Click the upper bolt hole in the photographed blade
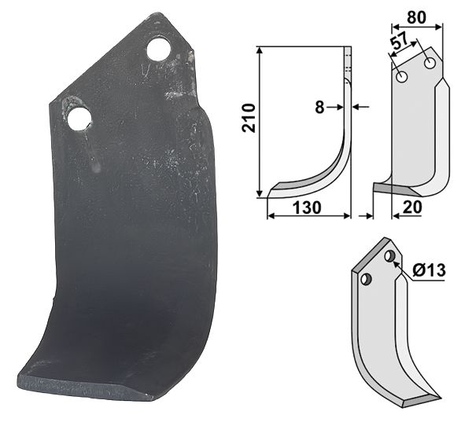click(x=159, y=50)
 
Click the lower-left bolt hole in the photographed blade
click(x=79, y=119)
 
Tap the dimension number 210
click(x=249, y=117)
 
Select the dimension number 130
click(x=307, y=207)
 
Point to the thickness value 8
click(x=319, y=107)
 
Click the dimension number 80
click(x=416, y=17)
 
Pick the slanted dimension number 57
click(x=400, y=42)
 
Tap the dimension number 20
click(x=412, y=207)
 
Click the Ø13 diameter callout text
click(x=429, y=270)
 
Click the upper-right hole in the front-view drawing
click(x=430, y=63)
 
